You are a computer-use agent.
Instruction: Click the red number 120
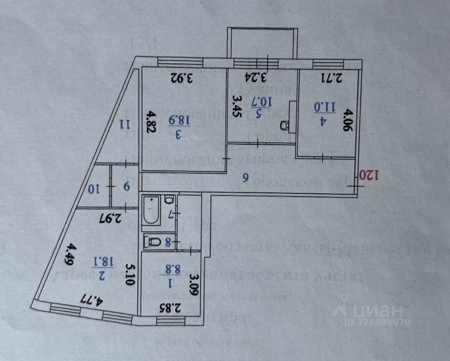tap(371, 175)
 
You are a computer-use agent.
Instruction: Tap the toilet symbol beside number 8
tap(153, 242)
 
